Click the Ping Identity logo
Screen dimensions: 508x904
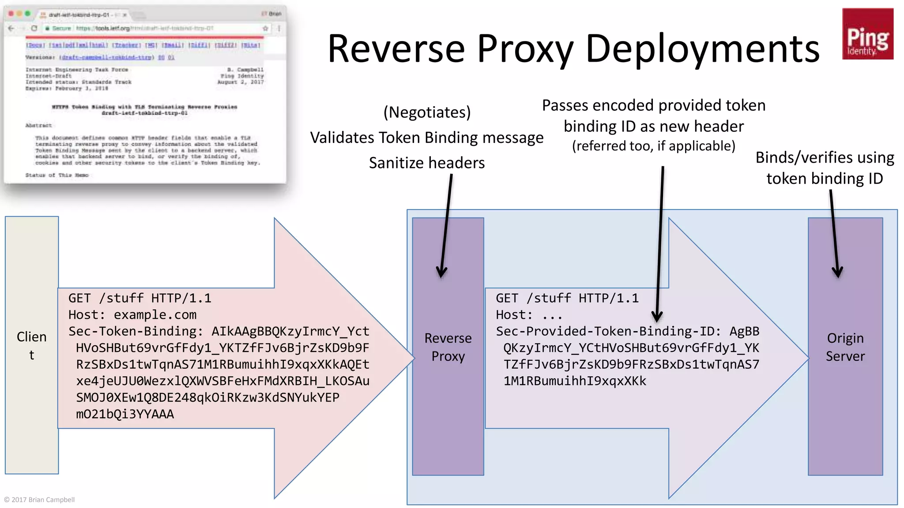[x=867, y=34]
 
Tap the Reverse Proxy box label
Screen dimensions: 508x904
[x=448, y=347]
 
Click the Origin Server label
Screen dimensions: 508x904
[x=845, y=347]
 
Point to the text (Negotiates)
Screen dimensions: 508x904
[x=427, y=112]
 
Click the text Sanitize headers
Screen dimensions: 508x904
[x=427, y=163]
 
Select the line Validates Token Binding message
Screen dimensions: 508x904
[x=427, y=138]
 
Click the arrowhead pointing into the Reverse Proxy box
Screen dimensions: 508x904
[x=441, y=273]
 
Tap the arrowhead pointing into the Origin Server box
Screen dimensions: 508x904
[x=837, y=273]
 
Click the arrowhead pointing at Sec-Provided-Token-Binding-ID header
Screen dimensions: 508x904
[x=657, y=317]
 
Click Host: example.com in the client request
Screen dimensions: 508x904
[x=132, y=315]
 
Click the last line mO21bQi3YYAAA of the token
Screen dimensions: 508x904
[x=125, y=414]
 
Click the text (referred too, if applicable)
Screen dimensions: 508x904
[x=653, y=146]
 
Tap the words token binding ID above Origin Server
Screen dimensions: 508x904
[x=824, y=179]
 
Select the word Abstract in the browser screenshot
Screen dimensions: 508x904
[x=38, y=126]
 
